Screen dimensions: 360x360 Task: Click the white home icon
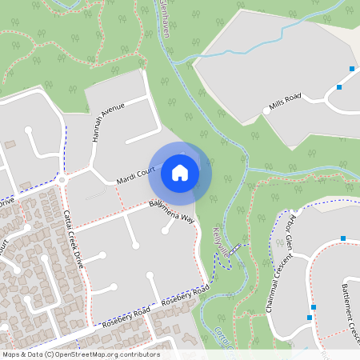coord(180,172)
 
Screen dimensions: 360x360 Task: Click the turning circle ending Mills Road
coord(266,111)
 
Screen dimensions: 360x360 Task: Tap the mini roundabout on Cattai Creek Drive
coord(62,180)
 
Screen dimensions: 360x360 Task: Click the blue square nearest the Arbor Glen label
coord(342,238)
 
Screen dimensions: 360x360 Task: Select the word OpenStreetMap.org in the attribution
coord(106,354)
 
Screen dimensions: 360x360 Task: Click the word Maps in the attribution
coord(12,354)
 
